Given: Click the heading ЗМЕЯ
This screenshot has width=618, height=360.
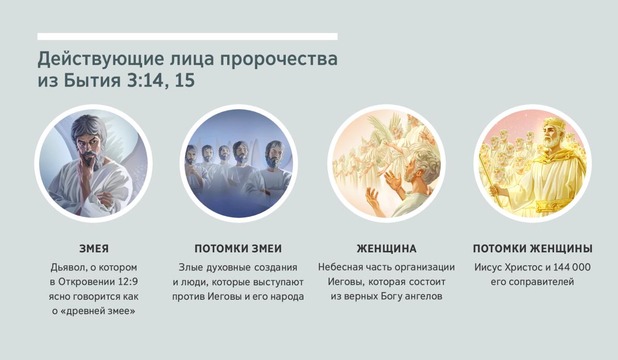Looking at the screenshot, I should click(94, 249).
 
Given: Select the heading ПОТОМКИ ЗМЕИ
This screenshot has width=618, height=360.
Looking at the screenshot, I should click(238, 249).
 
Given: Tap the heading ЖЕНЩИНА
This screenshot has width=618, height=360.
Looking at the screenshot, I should click(386, 249).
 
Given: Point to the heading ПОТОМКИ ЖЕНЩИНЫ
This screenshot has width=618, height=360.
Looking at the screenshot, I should click(533, 249).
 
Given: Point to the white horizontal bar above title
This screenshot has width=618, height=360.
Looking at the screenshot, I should click(187, 37).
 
